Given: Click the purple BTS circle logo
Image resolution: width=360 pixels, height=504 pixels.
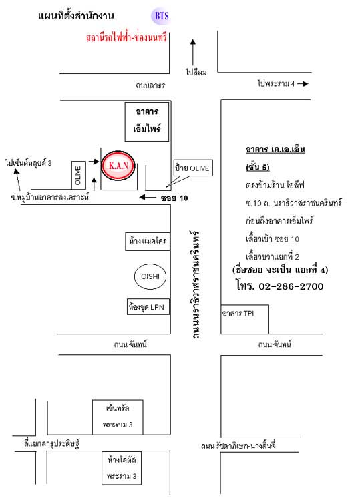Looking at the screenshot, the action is click(x=160, y=16).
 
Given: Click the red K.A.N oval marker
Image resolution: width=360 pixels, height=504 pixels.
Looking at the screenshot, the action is click(x=118, y=166).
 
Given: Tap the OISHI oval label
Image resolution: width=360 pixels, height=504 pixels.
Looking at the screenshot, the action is click(x=150, y=276).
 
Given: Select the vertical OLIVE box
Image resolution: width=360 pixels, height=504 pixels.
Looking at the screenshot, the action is click(x=78, y=175).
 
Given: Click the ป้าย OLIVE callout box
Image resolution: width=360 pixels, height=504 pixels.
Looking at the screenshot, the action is click(x=193, y=168).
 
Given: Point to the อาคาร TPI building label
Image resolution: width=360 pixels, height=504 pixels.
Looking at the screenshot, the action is click(x=238, y=313).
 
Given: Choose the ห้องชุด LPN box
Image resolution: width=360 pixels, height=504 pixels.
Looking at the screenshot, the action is click(x=148, y=306).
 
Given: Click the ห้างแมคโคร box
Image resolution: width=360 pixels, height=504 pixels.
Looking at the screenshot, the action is click(x=148, y=242).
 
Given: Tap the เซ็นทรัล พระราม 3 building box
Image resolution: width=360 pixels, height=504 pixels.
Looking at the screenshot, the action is click(x=118, y=417).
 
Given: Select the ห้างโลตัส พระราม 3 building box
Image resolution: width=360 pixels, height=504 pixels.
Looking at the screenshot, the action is click(x=122, y=468).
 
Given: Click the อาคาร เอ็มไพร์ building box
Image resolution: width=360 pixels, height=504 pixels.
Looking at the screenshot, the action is click(x=147, y=121).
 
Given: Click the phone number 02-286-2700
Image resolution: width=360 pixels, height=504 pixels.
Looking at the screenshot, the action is click(x=291, y=286).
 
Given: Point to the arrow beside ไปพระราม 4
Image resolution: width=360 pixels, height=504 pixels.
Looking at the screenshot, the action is click(x=303, y=84).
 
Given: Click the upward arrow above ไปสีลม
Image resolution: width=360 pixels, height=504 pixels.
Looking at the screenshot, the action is click(x=193, y=52).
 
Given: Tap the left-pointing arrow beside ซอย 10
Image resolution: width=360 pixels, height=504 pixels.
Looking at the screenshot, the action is click(x=148, y=197).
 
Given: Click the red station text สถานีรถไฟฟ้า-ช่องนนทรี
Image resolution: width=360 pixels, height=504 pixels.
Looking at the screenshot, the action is click(x=126, y=37).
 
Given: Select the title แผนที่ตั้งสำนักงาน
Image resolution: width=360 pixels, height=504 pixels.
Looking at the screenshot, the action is click(x=76, y=15).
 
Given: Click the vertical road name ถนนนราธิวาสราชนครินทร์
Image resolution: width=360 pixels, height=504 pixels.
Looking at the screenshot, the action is click(x=194, y=284).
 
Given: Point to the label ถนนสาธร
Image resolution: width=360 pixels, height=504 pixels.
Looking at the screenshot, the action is click(x=150, y=85).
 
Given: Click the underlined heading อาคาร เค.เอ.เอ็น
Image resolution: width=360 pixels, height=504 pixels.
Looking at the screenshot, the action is click(x=275, y=150).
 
